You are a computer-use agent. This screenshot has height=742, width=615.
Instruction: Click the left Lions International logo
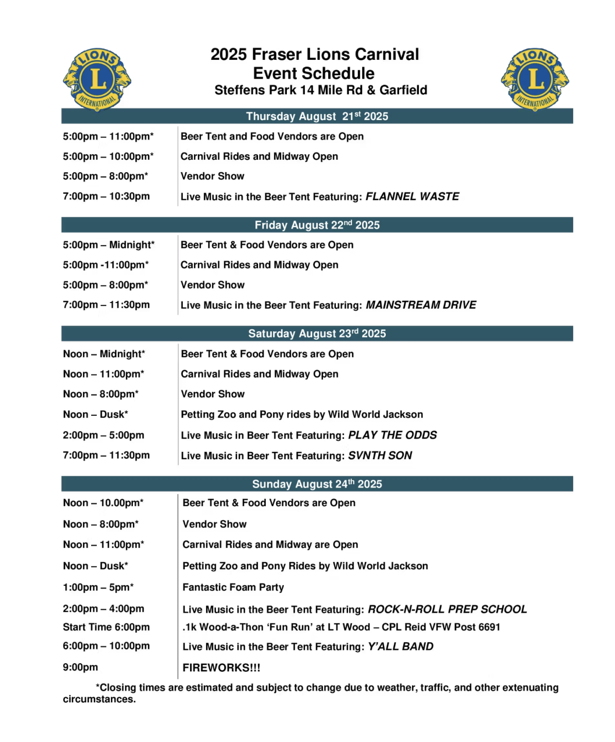coord(97,79)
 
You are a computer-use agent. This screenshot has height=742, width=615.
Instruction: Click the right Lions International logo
coord(535,79)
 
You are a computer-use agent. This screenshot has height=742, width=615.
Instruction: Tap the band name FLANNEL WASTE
coord(412,196)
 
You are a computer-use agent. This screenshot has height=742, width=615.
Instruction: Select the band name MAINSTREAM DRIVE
coord(421,305)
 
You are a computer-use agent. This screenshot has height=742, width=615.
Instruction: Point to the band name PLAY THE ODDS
coord(392,435)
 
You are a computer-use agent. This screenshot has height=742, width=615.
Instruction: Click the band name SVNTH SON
coord(380,456)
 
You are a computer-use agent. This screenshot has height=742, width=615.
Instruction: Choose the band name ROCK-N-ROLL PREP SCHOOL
coord(447,609)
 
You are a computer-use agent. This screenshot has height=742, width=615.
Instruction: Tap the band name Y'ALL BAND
coord(401,647)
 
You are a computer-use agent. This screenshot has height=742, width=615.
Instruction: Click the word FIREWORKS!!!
coord(221,668)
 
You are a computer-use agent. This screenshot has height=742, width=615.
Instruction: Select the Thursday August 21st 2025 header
coord(317,116)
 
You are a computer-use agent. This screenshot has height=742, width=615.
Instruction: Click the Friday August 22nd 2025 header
coord(317,225)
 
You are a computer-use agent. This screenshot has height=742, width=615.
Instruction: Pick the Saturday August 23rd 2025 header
coord(317,334)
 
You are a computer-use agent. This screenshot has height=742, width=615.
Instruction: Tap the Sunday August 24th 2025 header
coord(317,484)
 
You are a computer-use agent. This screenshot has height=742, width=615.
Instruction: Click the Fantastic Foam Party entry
coord(233,587)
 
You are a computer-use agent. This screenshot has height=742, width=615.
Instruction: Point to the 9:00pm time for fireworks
coord(80,667)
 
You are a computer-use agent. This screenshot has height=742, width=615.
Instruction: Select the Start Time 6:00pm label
coord(106,627)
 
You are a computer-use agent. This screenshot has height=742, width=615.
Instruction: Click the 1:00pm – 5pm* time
coord(98,587)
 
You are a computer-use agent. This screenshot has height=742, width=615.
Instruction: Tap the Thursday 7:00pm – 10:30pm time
coord(106,196)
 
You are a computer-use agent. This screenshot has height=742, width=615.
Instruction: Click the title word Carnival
coord(387,55)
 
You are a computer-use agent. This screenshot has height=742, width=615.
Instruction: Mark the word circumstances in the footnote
coord(99,699)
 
